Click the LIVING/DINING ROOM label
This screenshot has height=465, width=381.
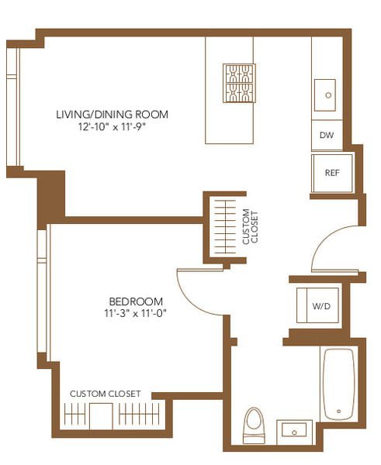pyautogui.click(x=112, y=115)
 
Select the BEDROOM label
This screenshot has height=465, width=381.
pyautogui.click(x=136, y=301)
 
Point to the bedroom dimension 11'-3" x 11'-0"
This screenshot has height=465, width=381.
pyautogui.click(x=136, y=313)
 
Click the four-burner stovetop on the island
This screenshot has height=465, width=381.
pyautogui.click(x=239, y=83)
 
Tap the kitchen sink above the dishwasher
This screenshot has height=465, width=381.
pyautogui.click(x=327, y=95)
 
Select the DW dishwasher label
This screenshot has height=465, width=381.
pyautogui.click(x=327, y=136)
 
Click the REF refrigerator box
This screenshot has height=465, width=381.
pyautogui.click(x=332, y=173)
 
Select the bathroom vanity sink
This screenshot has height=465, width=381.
pyautogui.click(x=296, y=430)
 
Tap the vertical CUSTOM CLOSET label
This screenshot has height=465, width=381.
pyautogui.click(x=246, y=227)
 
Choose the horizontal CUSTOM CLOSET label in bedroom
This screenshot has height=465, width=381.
pyautogui.click(x=106, y=394)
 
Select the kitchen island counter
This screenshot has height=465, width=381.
pyautogui.click(x=229, y=116)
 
